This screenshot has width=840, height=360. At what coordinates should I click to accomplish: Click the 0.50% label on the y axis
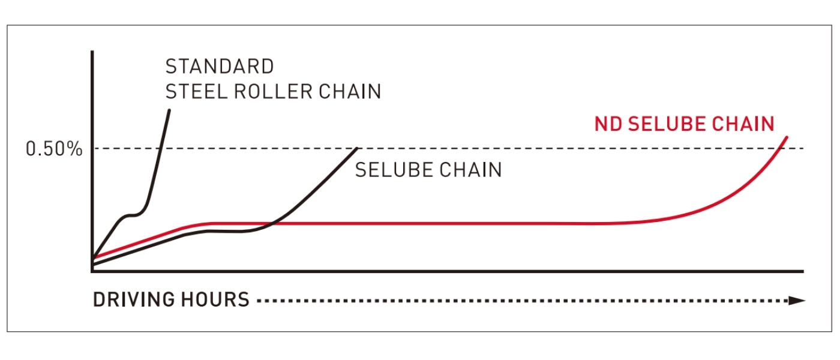[54, 149]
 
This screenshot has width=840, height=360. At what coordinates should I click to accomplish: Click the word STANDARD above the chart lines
[220, 67]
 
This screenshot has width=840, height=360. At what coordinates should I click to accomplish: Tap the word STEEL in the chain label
[197, 91]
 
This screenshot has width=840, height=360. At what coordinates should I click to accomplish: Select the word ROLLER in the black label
[273, 91]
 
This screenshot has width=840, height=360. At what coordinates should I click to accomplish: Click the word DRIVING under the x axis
[134, 299]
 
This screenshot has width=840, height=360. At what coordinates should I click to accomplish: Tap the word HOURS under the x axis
[215, 299]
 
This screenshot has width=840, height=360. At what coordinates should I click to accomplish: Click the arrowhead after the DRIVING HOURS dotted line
[797, 301]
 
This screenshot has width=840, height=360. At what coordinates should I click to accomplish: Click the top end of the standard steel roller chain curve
[169, 110]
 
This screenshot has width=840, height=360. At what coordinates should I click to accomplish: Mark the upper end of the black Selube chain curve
[356, 149]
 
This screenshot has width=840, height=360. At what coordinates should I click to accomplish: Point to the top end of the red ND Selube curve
[787, 137]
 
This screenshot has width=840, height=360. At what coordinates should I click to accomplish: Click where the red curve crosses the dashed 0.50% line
[779, 149]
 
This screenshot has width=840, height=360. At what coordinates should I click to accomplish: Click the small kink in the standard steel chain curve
[133, 215]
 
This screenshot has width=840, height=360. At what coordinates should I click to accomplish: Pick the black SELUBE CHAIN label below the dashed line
[428, 170]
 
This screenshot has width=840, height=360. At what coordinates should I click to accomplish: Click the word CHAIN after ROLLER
[350, 91]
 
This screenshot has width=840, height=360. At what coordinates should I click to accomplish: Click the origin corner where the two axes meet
[92, 271]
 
